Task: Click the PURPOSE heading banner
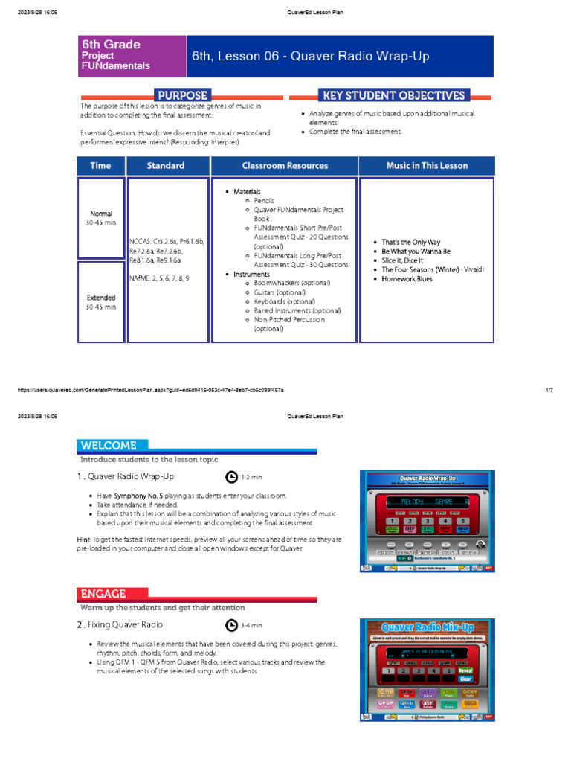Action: [182, 95]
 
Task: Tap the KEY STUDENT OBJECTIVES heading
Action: [393, 95]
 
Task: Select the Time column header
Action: [101, 165]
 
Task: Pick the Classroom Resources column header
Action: [285, 165]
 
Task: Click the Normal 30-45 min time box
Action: [101, 218]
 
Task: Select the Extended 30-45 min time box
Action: [101, 302]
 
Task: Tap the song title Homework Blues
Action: [407, 279]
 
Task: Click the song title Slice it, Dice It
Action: [402, 260]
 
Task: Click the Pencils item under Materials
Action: [264, 201]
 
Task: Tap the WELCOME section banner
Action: [109, 446]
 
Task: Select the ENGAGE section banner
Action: [103, 594]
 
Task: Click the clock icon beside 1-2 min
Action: [231, 477]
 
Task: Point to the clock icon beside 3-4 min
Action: [231, 625]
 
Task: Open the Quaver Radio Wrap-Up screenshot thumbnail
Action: [428, 521]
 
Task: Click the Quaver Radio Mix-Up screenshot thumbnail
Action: [428, 670]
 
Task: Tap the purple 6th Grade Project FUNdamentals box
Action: [133, 56]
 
